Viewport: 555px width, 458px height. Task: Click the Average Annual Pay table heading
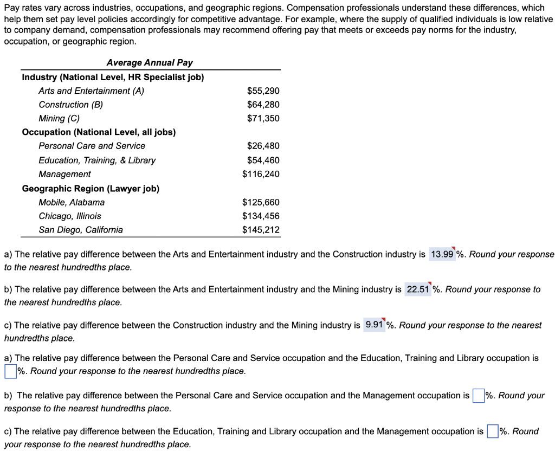[x=150, y=63]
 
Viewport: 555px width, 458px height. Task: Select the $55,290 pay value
[x=263, y=91]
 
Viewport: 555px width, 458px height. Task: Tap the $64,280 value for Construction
[x=263, y=105]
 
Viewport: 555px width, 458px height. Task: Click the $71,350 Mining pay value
[x=263, y=118]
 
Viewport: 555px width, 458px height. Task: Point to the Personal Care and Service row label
[x=92, y=146]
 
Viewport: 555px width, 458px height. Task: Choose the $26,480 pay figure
[x=263, y=146]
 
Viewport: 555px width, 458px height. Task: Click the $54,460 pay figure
[x=263, y=160]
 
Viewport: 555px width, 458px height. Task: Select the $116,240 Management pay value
[x=261, y=174]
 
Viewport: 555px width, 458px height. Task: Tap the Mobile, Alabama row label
[x=72, y=202]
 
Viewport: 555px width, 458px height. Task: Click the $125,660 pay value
[x=261, y=202]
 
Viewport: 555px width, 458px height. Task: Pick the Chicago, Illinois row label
[x=70, y=216]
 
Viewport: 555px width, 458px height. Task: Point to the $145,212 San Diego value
[x=261, y=230]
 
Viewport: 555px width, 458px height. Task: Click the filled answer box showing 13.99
[x=442, y=254]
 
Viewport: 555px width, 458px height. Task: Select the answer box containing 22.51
[x=418, y=289]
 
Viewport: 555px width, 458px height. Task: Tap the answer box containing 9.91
[x=375, y=325]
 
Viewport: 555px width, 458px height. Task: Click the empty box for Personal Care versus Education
[x=10, y=372]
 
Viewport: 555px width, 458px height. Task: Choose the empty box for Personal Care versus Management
[x=477, y=396]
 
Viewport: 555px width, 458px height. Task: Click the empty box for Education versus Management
[x=492, y=431]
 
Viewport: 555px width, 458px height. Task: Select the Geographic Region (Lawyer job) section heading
[x=91, y=189]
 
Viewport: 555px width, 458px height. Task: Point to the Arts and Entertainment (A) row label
[x=91, y=91]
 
